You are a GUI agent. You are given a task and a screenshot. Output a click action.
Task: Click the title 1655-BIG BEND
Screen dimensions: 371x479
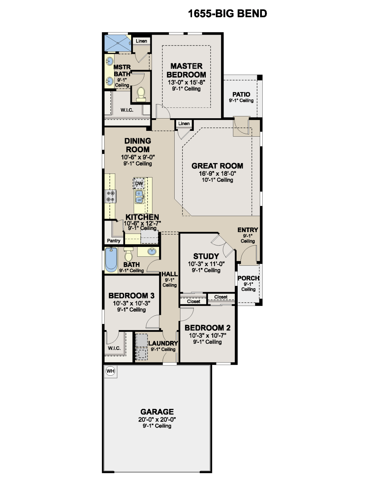coord(228,13)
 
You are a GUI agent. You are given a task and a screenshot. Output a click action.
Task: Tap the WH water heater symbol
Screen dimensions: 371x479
coord(111,371)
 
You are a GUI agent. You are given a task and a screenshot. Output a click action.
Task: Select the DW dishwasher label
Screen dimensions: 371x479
coord(139,183)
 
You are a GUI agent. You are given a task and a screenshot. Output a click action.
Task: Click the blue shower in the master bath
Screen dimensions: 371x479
coord(118,43)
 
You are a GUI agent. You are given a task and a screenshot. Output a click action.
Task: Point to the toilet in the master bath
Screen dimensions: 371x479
coord(141,94)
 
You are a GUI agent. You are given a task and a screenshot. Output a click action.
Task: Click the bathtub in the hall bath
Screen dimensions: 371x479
coord(111,260)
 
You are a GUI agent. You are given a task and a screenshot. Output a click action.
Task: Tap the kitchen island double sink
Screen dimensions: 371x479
coord(139,197)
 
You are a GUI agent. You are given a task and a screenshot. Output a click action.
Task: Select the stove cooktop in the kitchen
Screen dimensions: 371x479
coord(111,196)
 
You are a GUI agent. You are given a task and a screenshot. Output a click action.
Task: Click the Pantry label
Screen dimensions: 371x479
coord(114,240)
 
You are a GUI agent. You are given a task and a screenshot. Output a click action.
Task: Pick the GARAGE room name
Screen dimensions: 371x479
coord(157,411)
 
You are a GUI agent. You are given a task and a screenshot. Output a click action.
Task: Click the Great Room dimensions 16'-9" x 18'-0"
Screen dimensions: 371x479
coord(217,174)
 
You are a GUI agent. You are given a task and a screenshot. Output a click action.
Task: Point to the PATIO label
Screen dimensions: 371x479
coord(241,94)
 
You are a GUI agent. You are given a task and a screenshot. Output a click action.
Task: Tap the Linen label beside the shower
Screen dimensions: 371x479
coord(141,41)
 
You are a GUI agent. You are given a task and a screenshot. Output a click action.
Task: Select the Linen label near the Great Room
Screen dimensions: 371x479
coord(184,123)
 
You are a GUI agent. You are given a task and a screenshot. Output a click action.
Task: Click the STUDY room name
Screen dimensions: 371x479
coord(206,256)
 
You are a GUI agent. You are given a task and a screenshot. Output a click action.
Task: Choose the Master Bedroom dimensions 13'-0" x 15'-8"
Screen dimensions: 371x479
coord(186,82)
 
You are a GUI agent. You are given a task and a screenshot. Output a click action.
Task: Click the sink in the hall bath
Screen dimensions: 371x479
coord(152,252)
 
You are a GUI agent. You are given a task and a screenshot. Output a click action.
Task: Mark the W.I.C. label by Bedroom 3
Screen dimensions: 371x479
coord(114,348)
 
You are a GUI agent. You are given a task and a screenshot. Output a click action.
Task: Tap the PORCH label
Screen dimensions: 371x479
coord(249,278)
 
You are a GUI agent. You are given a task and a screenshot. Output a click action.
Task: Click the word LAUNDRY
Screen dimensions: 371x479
coord(163,343)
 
